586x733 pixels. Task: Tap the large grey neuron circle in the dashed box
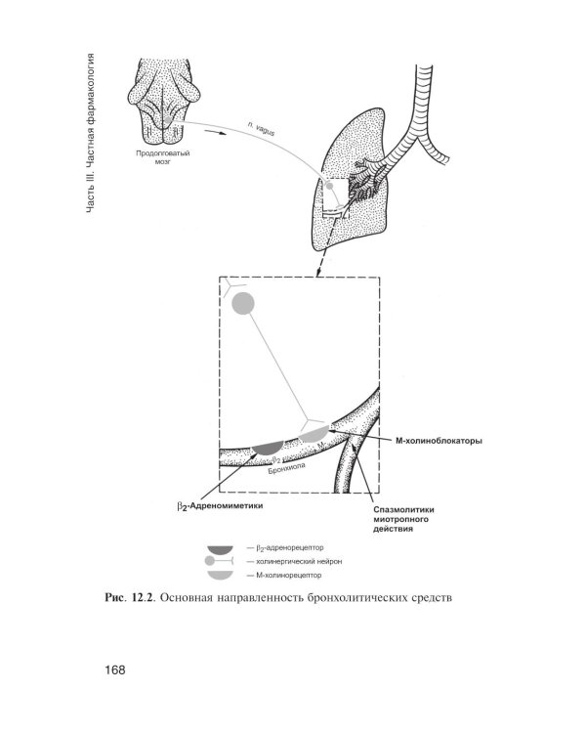[241, 303]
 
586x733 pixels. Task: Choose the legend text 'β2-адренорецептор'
[292, 547]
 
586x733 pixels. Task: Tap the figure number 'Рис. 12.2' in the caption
[122, 596]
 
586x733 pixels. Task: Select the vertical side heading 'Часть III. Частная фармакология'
[91, 135]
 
